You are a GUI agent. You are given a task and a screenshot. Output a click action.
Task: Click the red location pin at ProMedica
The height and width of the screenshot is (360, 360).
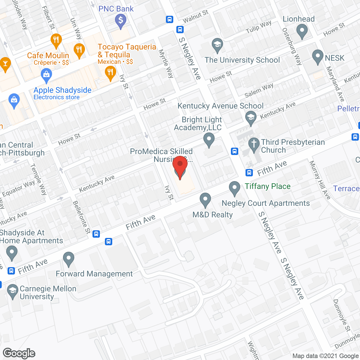[x=180, y=166]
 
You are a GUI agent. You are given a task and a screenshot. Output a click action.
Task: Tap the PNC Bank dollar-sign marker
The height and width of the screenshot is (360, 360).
[x=121, y=21]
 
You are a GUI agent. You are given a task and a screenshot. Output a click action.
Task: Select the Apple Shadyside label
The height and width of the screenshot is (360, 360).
[x=62, y=90]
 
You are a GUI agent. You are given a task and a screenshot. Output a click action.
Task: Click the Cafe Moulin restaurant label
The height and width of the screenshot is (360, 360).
[x=48, y=56]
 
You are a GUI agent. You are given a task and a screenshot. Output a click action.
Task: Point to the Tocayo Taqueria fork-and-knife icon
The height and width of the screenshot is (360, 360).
[x=110, y=73]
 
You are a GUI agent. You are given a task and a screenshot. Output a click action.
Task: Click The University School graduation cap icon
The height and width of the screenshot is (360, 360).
[x=217, y=45]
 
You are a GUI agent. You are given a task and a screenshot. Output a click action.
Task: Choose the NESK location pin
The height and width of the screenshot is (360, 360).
[x=318, y=56]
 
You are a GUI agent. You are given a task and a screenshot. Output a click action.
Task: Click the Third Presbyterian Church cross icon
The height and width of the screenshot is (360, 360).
[x=254, y=144]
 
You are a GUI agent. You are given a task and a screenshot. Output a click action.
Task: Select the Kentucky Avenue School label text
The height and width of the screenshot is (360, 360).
[x=220, y=106]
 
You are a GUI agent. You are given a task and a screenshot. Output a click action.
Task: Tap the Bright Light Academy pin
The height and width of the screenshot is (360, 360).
[x=209, y=139]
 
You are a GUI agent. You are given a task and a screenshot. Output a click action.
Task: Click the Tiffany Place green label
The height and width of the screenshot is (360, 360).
[x=267, y=186]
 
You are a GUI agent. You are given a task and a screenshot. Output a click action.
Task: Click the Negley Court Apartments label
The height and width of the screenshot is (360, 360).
[x=266, y=203]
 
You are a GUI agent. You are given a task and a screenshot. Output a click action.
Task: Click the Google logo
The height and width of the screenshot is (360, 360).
[x=19, y=353]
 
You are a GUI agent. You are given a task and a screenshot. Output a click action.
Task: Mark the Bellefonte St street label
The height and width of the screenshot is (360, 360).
[x=82, y=217]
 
